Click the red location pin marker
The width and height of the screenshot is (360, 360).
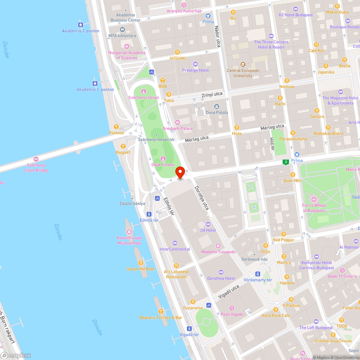click(180, 172)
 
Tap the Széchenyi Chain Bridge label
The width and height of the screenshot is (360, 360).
click(36, 167)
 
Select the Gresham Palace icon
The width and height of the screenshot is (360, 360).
click(177, 122)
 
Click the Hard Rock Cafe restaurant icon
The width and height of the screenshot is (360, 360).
click(276, 310)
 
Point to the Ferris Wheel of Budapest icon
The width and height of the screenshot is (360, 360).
click(314, 199)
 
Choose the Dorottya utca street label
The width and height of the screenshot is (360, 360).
click(202, 198)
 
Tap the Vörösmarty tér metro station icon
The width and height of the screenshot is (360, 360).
click(257, 274)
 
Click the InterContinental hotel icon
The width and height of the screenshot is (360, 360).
click(175, 243)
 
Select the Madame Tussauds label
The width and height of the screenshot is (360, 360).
click(218, 252)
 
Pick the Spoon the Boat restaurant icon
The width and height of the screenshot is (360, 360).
click(141, 263)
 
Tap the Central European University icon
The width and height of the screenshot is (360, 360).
click(243, 64)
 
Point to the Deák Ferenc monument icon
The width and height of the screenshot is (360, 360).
click(163, 158)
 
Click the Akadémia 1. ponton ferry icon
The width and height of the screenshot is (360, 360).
click(95, 83)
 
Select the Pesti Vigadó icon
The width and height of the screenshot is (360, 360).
click(231, 308)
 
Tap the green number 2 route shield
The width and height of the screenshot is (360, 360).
click(286, 162)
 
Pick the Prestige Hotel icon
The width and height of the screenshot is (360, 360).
click(195, 64)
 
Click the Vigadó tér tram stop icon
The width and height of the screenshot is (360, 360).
click(189, 328)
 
